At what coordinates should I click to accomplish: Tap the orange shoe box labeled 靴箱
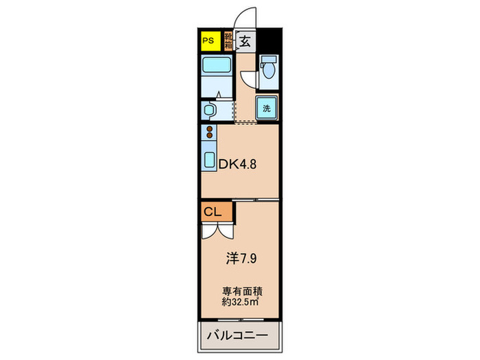coord(228,40)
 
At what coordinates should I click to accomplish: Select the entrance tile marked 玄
coord(245,40)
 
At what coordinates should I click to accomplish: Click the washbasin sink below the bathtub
coord(210,110)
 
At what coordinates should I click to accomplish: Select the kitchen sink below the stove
coord(209,158)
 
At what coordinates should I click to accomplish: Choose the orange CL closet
coord(213,212)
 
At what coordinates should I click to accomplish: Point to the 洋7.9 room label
coord(243,259)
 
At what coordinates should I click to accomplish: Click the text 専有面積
coord(239,289)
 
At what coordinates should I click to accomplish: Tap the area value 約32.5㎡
coord(239,300)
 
